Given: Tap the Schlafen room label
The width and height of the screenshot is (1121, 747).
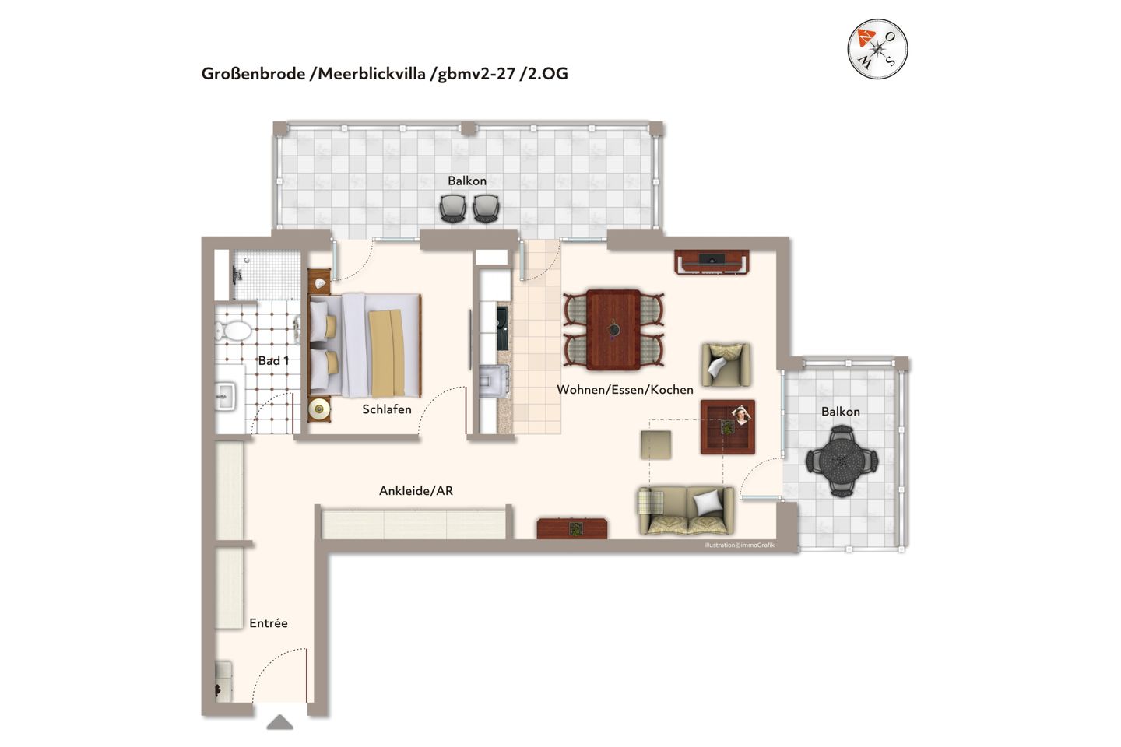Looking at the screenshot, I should (386, 409).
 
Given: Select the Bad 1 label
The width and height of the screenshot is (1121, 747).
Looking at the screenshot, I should (273, 361).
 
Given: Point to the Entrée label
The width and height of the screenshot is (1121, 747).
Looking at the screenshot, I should (269, 623).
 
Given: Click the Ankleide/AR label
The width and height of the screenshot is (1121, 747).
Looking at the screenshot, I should (416, 491).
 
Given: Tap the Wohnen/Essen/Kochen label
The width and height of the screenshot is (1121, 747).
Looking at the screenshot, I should (624, 390).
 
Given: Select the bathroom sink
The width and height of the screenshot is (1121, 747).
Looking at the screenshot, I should (225, 395).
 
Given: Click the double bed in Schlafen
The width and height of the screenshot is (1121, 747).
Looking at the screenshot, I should (366, 344).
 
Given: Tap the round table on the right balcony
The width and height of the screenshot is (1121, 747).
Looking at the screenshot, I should (841, 461).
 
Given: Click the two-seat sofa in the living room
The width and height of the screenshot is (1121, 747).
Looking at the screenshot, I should (685, 511).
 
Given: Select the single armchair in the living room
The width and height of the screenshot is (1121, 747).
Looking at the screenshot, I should (726, 364).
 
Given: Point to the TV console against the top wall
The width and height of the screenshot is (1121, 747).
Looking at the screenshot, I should (712, 262).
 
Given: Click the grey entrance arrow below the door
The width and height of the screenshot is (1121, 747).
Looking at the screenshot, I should (280, 723).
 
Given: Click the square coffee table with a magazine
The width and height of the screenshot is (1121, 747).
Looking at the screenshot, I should (727, 427).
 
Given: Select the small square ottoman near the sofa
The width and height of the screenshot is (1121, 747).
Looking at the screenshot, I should (655, 444).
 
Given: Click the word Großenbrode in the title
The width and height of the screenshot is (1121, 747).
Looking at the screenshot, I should (253, 74).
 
